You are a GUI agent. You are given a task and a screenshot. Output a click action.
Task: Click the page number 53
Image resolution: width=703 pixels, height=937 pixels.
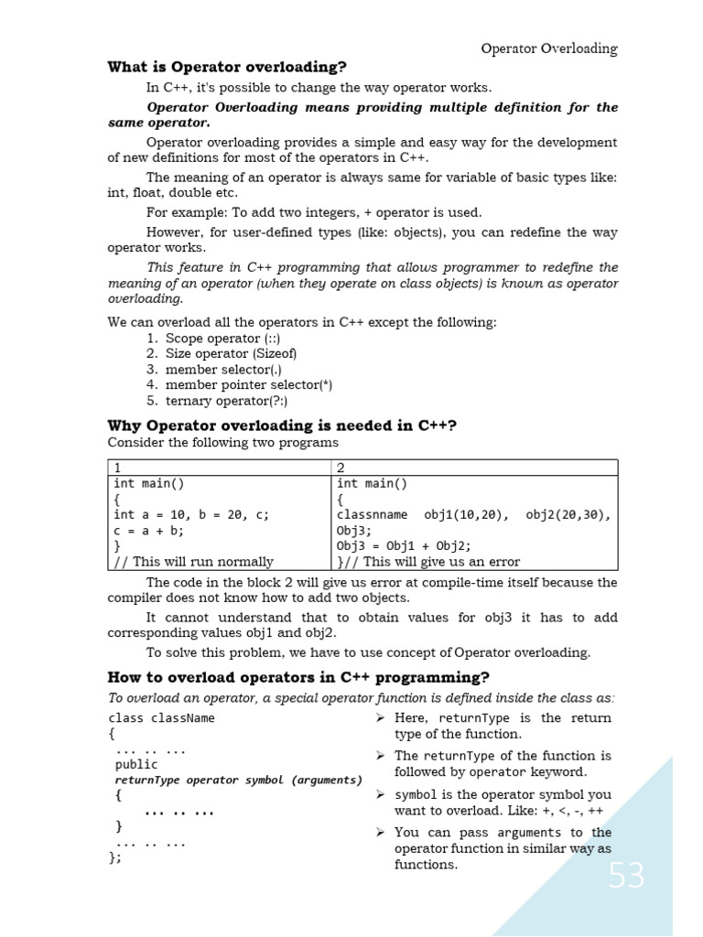[x=626, y=876]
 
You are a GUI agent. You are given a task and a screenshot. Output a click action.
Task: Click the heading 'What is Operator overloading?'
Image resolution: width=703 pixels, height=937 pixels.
[x=227, y=67]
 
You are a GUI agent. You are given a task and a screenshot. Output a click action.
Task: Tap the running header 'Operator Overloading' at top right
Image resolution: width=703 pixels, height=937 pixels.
[x=549, y=48]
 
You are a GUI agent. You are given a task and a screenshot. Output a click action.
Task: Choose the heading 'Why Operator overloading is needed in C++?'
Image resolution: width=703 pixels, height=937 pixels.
[x=282, y=425]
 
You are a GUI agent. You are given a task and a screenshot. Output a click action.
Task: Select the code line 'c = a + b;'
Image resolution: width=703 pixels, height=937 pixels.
[x=149, y=530]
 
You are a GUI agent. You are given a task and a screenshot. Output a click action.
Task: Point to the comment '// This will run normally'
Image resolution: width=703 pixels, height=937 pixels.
[x=193, y=562]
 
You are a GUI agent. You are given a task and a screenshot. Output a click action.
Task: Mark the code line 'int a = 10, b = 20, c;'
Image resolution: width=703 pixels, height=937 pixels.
[x=191, y=514]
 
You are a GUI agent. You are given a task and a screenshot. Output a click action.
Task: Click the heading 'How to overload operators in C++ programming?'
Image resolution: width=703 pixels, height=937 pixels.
[x=298, y=677]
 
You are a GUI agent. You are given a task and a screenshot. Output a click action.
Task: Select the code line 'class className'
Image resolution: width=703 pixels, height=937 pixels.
[x=161, y=718]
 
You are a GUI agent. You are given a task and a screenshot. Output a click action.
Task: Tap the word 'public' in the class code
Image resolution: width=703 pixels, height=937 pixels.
[x=136, y=764]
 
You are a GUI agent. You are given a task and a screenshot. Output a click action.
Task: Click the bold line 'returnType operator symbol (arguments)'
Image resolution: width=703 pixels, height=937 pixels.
[x=238, y=781]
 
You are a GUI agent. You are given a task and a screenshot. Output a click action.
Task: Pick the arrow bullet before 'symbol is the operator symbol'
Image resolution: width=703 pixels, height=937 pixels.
[x=381, y=794]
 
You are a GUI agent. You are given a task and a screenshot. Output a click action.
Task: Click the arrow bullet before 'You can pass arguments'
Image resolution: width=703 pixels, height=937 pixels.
[x=381, y=832]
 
